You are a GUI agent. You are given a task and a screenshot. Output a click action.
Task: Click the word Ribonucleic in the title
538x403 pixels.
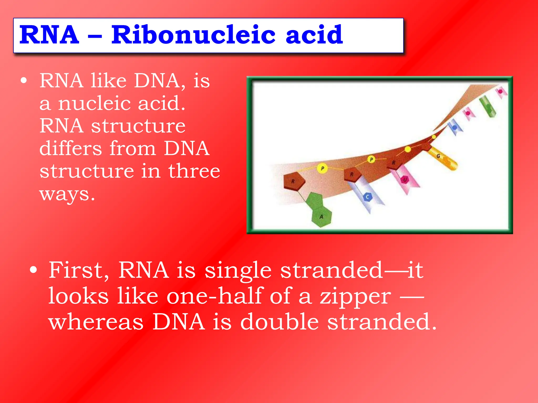pyautogui.click(x=193, y=35)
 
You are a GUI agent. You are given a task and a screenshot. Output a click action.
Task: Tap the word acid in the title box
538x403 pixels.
pyautogui.click(x=314, y=35)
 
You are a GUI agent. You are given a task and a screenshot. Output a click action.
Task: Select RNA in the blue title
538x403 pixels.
pyautogui.click(x=49, y=35)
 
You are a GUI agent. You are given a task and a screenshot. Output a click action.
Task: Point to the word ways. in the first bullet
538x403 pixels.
pyautogui.click(x=67, y=194)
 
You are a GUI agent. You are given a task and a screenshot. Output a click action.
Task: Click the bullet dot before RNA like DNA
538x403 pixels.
pyautogui.click(x=24, y=81)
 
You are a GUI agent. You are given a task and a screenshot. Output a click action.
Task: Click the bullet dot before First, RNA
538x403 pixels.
pyautogui.click(x=33, y=270)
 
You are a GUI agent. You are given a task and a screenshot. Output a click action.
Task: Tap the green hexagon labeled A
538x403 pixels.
pyautogui.click(x=321, y=217)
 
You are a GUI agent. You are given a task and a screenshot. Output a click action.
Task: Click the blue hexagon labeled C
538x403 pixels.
pyautogui.click(x=368, y=197)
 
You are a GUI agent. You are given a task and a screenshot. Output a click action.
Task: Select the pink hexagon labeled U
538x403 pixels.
pyautogui.click(x=405, y=180)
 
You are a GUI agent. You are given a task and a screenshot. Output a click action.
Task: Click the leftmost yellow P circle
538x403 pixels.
pyautogui.click(x=322, y=168)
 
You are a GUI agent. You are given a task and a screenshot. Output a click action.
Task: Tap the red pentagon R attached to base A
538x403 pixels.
pyautogui.click(x=294, y=181)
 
